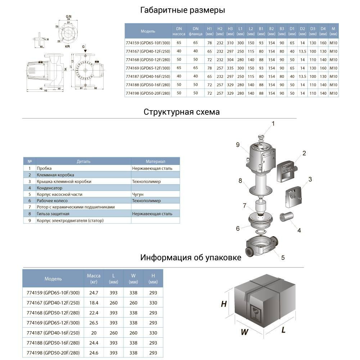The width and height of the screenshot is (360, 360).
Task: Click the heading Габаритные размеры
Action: click(x=183, y=10)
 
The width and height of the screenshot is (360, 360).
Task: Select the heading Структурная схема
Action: click(x=181, y=112)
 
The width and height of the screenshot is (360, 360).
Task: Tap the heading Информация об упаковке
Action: click(x=190, y=258)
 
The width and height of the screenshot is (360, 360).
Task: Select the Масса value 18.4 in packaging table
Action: click(x=94, y=302)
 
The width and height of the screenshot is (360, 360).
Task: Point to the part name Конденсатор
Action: click(x=50, y=188)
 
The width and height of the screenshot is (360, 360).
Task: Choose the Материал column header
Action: click(x=155, y=161)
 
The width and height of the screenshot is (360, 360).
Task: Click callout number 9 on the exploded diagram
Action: click(x=238, y=145)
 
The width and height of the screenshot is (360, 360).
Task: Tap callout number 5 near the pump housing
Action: click(x=283, y=257)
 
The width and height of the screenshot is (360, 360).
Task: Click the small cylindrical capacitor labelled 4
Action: click(x=287, y=217)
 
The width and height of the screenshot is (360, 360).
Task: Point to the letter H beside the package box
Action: click(x=224, y=304)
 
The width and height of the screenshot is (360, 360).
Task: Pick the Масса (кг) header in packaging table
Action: click(x=94, y=279)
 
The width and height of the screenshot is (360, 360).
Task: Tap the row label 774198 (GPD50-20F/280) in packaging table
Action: click(x=51, y=353)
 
